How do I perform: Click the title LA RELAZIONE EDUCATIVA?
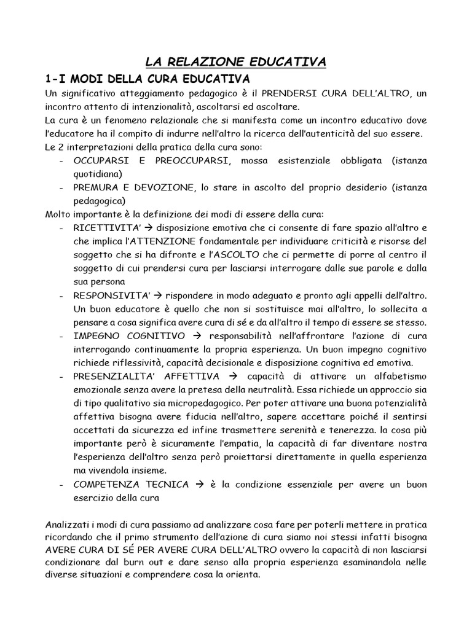(x=236, y=61)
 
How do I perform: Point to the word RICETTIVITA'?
(x=99, y=228)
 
